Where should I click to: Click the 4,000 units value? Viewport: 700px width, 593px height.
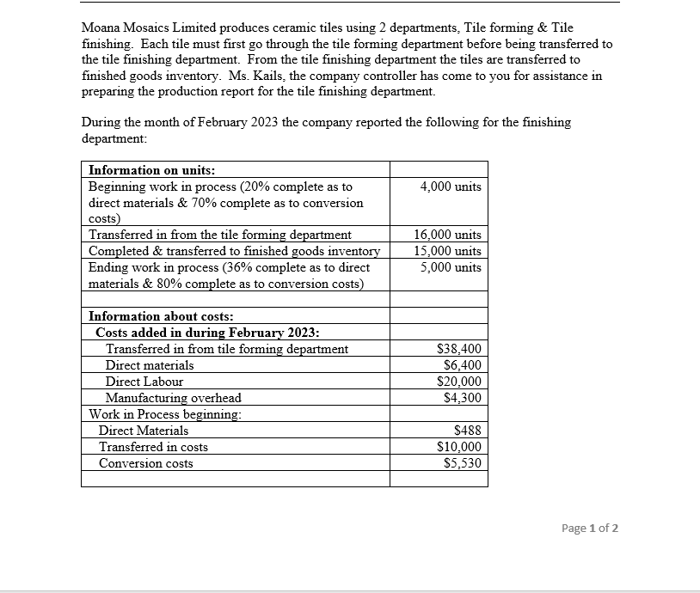pyautogui.click(x=451, y=186)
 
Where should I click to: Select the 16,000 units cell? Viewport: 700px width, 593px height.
pyautogui.click(x=447, y=235)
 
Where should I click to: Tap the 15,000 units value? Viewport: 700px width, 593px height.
pyautogui.click(x=447, y=251)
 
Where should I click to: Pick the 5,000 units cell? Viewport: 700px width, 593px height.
pyautogui.click(x=451, y=267)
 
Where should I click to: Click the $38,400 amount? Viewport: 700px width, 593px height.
pyautogui.click(x=459, y=349)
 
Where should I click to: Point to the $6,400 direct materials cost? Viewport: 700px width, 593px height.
pyautogui.click(x=462, y=365)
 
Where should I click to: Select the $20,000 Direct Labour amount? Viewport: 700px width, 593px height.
pyautogui.click(x=459, y=382)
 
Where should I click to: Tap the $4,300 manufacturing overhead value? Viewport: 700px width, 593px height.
pyautogui.click(x=462, y=398)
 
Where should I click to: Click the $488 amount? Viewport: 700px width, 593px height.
pyautogui.click(x=467, y=431)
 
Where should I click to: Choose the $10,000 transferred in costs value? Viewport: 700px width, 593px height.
pyautogui.click(x=459, y=447)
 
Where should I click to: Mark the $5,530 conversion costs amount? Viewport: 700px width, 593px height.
pyautogui.click(x=462, y=463)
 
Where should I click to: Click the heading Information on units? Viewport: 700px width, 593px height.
pyautogui.click(x=152, y=169)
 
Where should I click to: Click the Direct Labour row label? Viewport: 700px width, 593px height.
pyautogui.click(x=144, y=382)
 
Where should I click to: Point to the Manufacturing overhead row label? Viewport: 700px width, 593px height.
pyautogui.click(x=173, y=398)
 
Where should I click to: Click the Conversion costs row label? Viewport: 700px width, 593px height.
pyautogui.click(x=145, y=463)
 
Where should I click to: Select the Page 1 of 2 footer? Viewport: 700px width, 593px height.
pyautogui.click(x=589, y=528)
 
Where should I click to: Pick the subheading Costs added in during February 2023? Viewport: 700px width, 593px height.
pyautogui.click(x=209, y=333)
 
